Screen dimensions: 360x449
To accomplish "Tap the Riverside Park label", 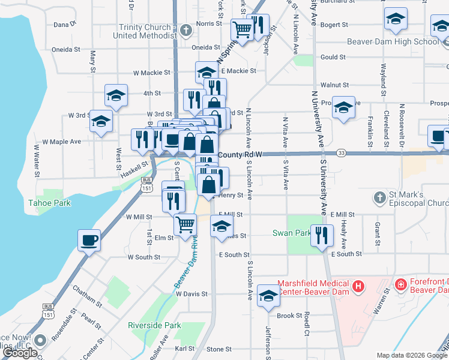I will [x=154, y=325].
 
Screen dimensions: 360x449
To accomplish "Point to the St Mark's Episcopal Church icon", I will [x=379, y=197].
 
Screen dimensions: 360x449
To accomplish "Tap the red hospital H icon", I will [x=358, y=286].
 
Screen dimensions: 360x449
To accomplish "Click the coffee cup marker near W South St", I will [x=89, y=241].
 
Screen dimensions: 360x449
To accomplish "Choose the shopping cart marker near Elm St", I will [x=185, y=224].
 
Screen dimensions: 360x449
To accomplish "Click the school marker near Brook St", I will [x=268, y=295].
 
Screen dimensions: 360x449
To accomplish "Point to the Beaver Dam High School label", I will [x=393, y=41].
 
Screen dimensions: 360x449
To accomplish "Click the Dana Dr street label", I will [x=65, y=25].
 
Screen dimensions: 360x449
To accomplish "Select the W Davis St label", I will [x=191, y=294].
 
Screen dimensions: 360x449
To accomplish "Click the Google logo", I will [x=20, y=353].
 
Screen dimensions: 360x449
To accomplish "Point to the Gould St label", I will [x=334, y=57].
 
